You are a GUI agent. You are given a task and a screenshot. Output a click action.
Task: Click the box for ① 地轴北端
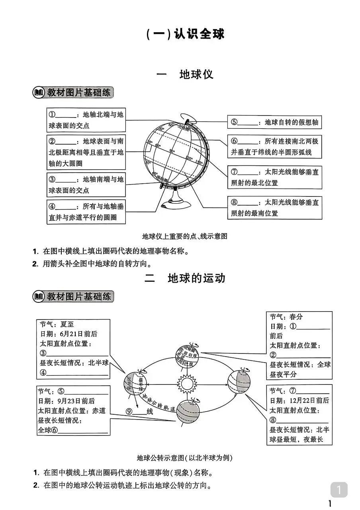tap(86, 120)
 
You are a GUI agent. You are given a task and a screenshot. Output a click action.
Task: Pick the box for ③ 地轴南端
tap(86, 184)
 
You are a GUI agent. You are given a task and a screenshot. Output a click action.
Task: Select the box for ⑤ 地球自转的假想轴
tap(275, 122)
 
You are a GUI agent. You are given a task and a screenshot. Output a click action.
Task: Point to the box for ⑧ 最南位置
tap(275, 208)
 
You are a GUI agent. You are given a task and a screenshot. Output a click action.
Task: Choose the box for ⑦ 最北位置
tap(275, 177)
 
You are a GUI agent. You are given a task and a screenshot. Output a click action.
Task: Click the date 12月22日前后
tap(307, 400)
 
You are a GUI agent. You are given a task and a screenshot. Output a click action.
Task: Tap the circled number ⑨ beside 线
tap(129, 412)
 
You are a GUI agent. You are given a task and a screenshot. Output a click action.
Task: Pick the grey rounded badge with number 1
tap(339, 490)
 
